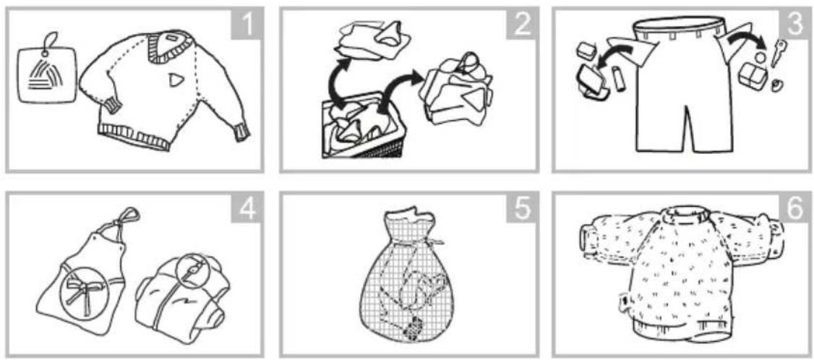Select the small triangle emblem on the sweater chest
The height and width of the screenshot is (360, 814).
click(176, 80)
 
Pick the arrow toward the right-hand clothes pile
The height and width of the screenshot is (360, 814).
click(397, 92)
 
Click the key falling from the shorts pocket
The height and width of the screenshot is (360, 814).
click(778, 53)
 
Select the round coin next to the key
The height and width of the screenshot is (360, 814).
click(761, 56)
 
